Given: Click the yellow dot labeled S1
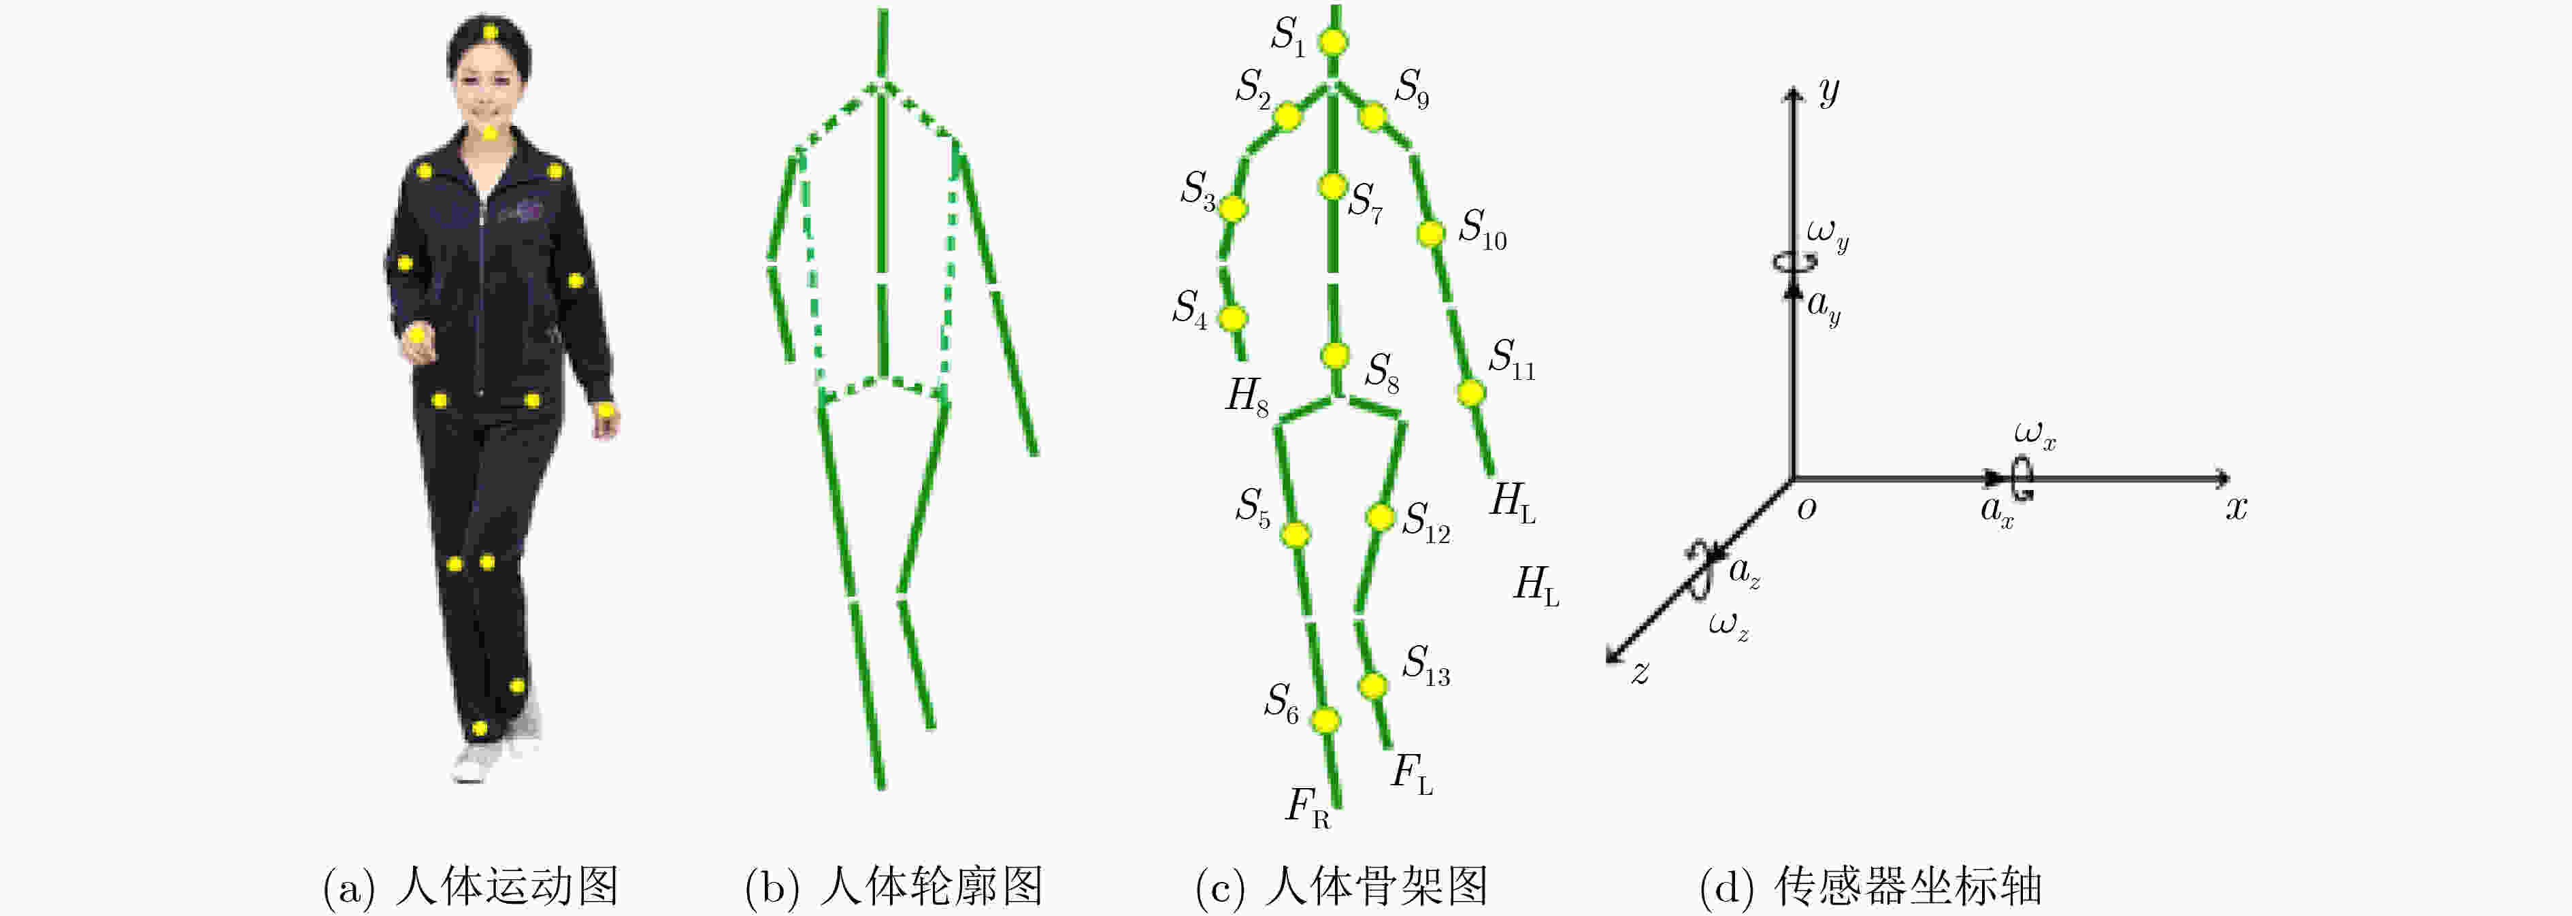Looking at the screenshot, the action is [1333, 43].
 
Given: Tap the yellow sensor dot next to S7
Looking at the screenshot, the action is [1332, 186].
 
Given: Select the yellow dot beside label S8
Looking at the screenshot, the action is [1335, 355].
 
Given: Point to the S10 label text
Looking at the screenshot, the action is [1483, 230].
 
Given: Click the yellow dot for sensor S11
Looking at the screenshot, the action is [1470, 393].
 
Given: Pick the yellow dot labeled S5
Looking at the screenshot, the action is [1295, 534].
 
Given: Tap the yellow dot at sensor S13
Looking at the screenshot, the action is [1373, 685].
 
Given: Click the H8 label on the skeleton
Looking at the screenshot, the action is [1248, 397].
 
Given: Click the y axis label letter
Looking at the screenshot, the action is [1828, 92].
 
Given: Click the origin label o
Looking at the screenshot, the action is [1807, 508].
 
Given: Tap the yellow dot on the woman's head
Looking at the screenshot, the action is [490, 33].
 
